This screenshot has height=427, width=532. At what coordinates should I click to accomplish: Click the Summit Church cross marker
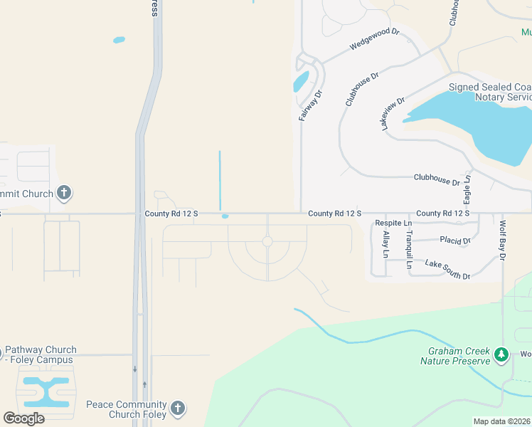tap(64, 192)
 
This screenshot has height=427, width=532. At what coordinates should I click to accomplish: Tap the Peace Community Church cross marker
tap(177, 408)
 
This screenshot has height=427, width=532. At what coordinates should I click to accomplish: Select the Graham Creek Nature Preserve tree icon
tap(501, 354)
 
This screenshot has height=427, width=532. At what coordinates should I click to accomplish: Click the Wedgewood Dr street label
tap(376, 39)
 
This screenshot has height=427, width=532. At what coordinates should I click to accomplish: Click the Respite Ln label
tap(393, 223)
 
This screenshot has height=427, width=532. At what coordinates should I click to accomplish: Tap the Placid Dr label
tap(455, 241)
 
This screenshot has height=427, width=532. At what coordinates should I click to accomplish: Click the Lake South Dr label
tap(447, 269)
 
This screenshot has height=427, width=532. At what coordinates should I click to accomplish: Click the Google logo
tap(23, 418)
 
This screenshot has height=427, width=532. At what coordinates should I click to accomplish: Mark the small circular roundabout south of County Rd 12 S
tap(267, 242)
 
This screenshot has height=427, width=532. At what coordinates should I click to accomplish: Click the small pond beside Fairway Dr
tap(301, 82)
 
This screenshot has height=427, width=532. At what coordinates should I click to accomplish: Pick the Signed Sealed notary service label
tap(490, 92)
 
